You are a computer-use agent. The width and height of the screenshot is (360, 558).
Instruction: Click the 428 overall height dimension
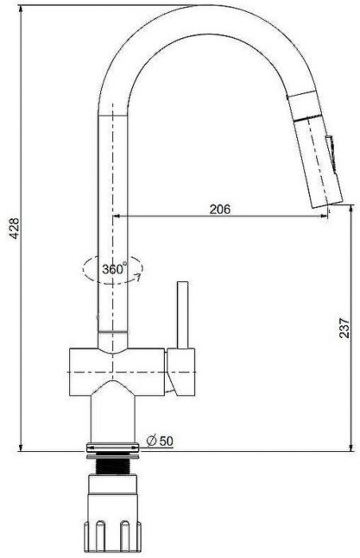point(15,228)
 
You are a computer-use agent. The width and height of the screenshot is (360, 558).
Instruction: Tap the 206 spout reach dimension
point(220,209)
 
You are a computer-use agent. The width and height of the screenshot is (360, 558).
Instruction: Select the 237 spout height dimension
point(344,328)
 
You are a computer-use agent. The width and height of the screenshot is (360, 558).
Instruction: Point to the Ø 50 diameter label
point(160,441)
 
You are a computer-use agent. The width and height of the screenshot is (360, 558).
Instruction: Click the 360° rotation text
point(114,269)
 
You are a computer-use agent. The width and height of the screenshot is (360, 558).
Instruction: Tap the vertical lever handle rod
point(183,315)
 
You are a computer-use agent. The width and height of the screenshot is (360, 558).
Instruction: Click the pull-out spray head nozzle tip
point(327,203)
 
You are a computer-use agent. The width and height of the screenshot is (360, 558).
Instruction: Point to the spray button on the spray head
point(331,154)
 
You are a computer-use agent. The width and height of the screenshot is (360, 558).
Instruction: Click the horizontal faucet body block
point(116,372)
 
